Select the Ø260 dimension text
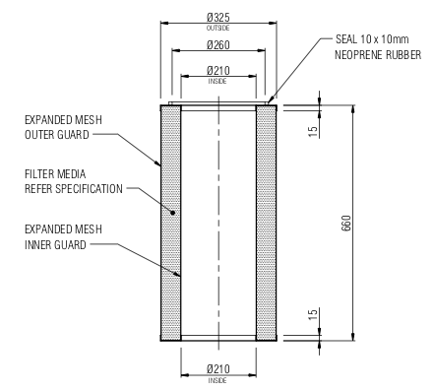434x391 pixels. point(217,45)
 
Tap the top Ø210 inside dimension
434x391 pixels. point(217,70)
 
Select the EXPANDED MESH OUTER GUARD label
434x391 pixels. point(61,127)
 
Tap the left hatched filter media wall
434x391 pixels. point(171,222)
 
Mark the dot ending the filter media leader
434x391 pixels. point(173,212)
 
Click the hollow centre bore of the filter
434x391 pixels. point(217,222)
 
